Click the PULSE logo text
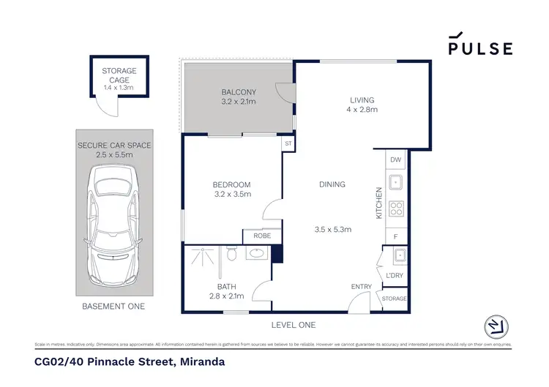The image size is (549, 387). click(480, 48)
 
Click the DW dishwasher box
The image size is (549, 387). click(396, 159)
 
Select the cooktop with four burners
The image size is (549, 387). click(396, 208)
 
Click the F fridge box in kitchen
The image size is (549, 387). click(396, 237)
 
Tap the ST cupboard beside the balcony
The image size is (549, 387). click(288, 144)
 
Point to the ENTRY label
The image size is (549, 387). click(362, 286)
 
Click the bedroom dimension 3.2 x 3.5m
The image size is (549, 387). click(232, 195)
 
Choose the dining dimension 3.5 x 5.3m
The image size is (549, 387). click(333, 230)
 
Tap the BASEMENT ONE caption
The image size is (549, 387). click(113, 306)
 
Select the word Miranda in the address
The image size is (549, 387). click(198, 361)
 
